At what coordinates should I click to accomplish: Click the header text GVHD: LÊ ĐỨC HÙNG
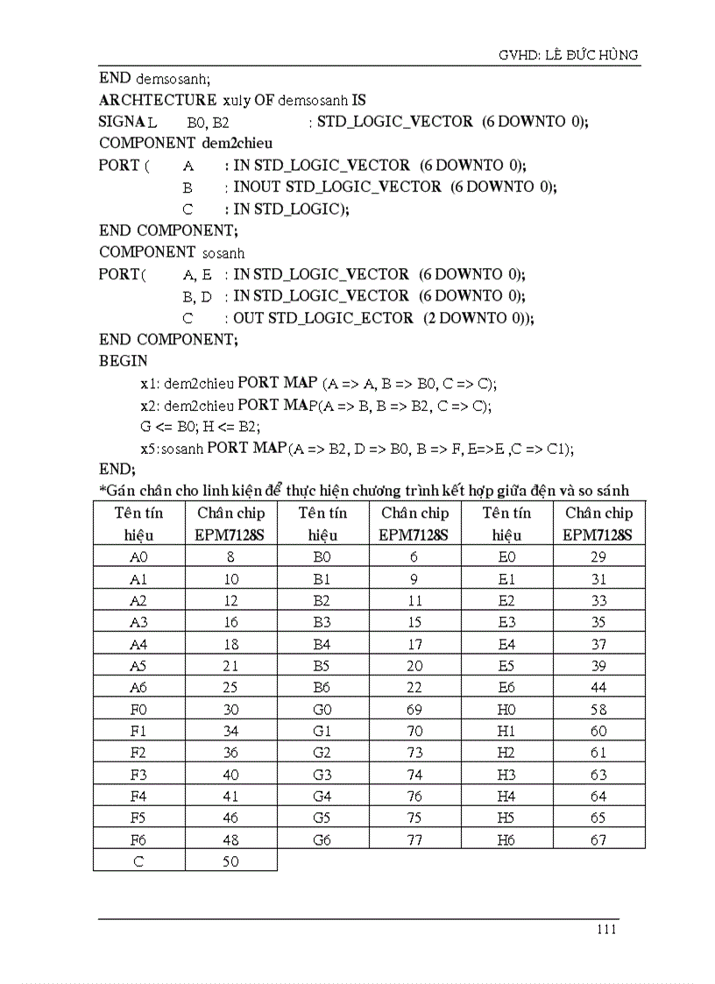[569, 55]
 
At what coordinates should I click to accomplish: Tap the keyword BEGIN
[124, 360]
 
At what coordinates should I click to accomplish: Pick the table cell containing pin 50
[230, 861]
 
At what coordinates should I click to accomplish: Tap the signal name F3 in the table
[138, 775]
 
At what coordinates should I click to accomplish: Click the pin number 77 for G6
[414, 839]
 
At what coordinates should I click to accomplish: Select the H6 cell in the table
[506, 839]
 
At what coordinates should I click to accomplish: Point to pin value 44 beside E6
[598, 688]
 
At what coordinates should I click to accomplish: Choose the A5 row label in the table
[138, 666]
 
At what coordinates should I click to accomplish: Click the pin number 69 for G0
[414, 709]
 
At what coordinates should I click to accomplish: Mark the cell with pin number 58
[598, 709]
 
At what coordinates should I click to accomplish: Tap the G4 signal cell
[322, 796]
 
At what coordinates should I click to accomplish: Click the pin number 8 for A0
[230, 557]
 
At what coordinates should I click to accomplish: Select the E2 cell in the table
[506, 601]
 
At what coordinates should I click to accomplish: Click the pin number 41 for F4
[230, 796]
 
